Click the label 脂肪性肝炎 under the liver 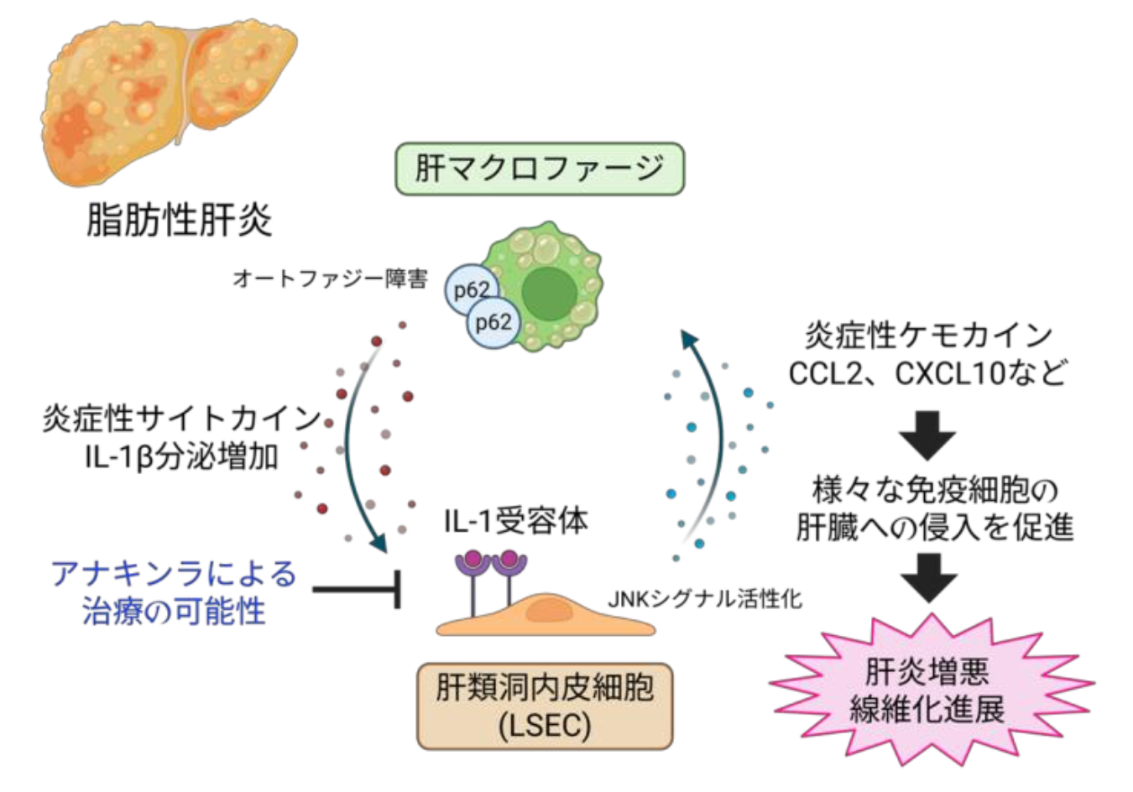179,221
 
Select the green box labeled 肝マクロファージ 539,169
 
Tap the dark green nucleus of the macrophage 550,294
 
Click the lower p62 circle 493,322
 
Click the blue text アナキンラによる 175,574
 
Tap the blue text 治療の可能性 175,611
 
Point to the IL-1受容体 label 515,522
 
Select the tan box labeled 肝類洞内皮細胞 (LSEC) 545,706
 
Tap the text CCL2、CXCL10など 927,373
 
